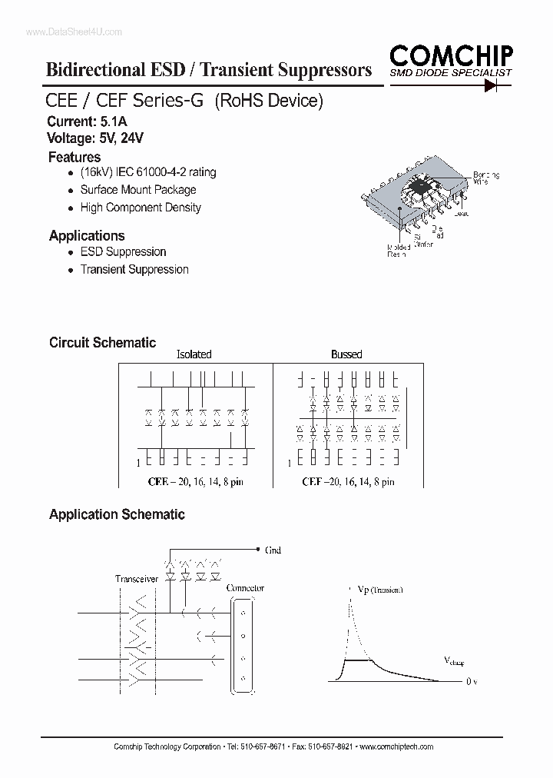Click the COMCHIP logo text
(451, 55)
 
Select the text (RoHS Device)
(268, 101)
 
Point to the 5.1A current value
(114, 121)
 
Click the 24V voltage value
(132, 138)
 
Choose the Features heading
(75, 157)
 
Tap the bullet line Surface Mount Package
(138, 190)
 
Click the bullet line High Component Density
(141, 208)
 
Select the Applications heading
(87, 235)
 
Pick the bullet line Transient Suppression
(134, 269)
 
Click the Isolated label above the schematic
(194, 354)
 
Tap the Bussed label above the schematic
(346, 354)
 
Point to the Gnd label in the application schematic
(273, 550)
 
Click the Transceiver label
(137, 579)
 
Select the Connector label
(245, 588)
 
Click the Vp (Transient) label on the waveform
(380, 590)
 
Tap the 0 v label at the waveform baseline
(472, 681)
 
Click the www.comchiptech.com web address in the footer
(397, 747)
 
